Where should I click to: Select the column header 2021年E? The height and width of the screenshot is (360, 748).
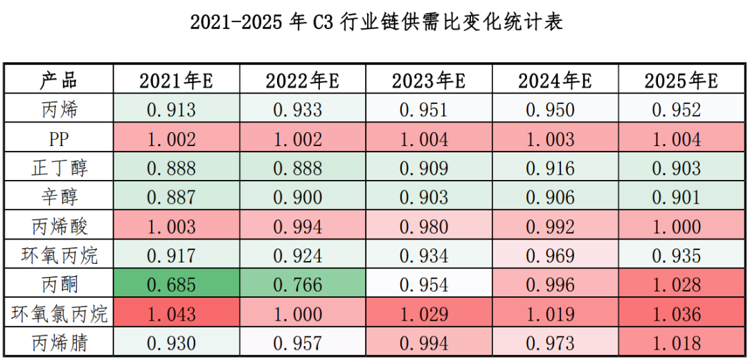(x=176, y=81)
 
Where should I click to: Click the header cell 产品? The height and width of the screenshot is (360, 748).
(x=58, y=80)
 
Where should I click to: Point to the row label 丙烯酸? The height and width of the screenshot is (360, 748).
(x=60, y=226)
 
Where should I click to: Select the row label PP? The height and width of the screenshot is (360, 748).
(x=59, y=139)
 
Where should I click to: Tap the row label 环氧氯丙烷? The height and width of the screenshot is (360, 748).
(x=60, y=314)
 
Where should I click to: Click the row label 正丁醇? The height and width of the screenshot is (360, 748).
(x=60, y=168)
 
